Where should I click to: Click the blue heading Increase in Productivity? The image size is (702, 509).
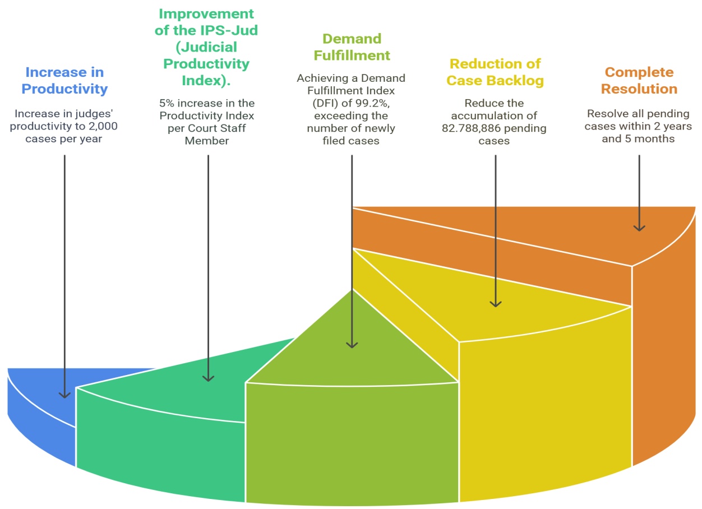(64, 81)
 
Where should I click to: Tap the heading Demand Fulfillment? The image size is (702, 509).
(352, 47)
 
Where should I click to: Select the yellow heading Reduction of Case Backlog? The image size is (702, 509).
(495, 72)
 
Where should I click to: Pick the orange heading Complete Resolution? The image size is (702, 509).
(639, 81)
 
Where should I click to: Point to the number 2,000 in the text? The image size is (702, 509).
(103, 126)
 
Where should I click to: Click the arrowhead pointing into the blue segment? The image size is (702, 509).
(64, 395)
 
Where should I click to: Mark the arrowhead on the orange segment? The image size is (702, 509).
(639, 228)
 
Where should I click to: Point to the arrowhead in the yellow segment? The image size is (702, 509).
(496, 303)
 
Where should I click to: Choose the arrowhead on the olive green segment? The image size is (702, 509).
(352, 345)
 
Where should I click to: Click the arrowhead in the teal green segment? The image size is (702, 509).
(208, 378)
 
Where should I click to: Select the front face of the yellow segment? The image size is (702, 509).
(546, 407)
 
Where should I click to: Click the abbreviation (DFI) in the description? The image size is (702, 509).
(326, 103)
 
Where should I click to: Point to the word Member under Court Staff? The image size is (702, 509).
(207, 141)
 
